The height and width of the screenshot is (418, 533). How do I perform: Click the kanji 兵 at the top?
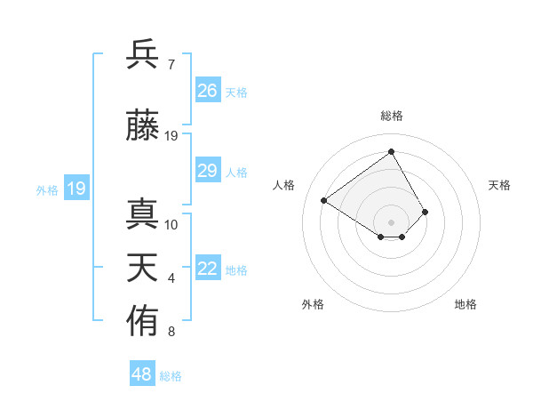[142, 54]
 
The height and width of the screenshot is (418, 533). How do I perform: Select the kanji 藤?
[142, 125]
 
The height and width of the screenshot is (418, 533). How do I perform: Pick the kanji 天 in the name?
[142, 268]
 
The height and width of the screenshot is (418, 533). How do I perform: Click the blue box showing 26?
[208, 91]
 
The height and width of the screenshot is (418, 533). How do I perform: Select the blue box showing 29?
[208, 171]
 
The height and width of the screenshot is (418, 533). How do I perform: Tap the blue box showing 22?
[208, 269]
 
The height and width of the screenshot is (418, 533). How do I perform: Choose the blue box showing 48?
[142, 374]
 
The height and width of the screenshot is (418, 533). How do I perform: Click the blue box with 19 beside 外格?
[76, 189]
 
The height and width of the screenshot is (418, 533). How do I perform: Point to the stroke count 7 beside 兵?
[171, 65]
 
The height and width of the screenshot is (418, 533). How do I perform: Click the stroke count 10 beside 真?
[171, 225]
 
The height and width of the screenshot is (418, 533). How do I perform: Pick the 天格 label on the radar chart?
[499, 185]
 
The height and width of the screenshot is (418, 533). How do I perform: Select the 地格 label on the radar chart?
[465, 304]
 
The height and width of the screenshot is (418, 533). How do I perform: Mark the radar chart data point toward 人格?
[324, 200]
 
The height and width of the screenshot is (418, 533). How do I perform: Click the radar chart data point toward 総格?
[391, 152]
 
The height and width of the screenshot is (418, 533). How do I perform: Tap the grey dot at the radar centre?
[391, 221]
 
